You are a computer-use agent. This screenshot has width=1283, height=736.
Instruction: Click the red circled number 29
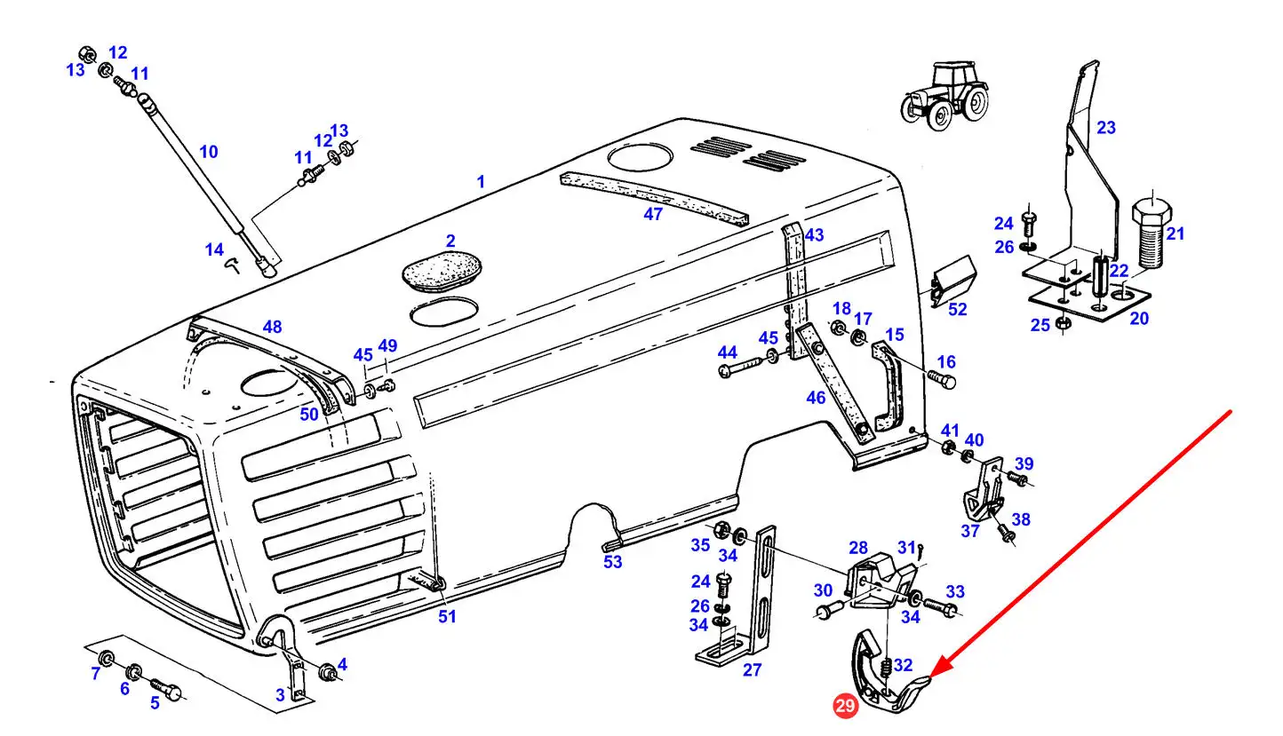(845, 706)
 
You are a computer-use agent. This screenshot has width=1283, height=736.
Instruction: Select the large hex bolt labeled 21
(1152, 233)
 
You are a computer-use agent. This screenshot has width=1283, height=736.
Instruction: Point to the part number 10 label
(209, 152)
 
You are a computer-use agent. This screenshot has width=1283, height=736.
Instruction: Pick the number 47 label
(653, 214)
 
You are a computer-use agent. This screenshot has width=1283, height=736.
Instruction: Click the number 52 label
(957, 309)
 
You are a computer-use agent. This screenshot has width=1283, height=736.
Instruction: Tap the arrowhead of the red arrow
(937, 669)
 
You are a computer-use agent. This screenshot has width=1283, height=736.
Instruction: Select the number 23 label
(1106, 128)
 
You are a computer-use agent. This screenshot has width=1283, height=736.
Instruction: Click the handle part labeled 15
(887, 385)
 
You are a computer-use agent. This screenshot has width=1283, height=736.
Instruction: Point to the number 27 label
(752, 669)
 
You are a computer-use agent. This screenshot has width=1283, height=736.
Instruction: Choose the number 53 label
(612, 562)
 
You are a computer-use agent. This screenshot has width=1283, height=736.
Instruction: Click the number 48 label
(272, 327)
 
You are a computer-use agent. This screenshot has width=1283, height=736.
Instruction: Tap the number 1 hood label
(481, 182)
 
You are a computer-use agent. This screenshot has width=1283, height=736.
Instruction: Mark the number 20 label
(1139, 318)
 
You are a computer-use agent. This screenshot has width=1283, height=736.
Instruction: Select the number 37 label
(969, 531)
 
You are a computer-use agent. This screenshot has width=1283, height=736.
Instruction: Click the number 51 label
(447, 617)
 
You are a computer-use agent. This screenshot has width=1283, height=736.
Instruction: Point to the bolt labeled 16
(942, 380)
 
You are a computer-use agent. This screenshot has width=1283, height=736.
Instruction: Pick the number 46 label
(816, 397)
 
